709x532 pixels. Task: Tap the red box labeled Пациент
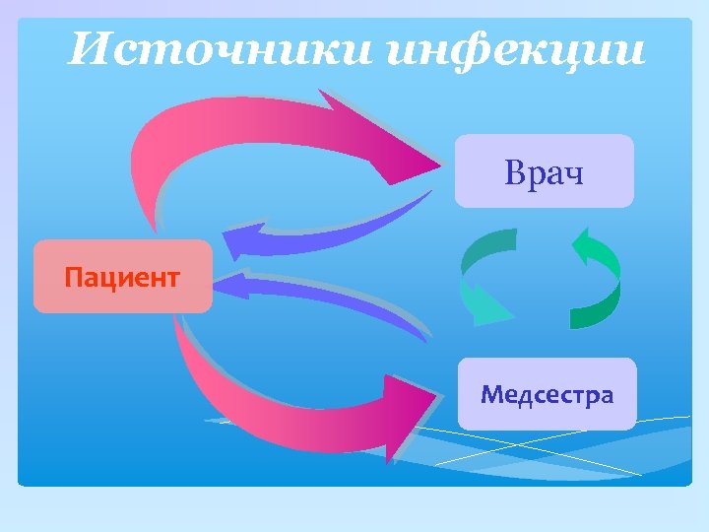tap(122, 277)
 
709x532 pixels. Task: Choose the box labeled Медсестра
tap(547, 395)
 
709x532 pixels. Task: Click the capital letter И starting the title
tap(87, 49)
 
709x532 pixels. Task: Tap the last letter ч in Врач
tap(573, 175)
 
